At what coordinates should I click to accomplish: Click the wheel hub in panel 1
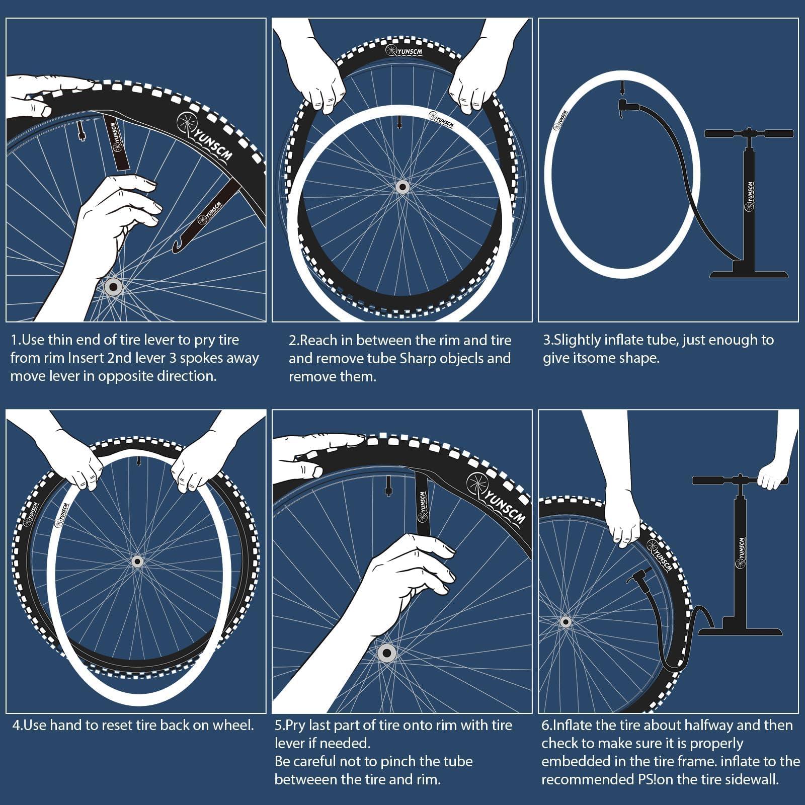click(x=113, y=287)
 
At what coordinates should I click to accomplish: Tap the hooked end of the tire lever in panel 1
click(x=177, y=247)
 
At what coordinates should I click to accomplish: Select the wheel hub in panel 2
click(x=401, y=187)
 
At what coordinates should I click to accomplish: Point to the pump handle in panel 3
click(x=748, y=134)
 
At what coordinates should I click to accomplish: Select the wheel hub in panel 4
click(x=136, y=561)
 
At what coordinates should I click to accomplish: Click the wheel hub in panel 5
click(x=386, y=654)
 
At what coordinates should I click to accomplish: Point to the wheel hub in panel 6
click(x=566, y=622)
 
